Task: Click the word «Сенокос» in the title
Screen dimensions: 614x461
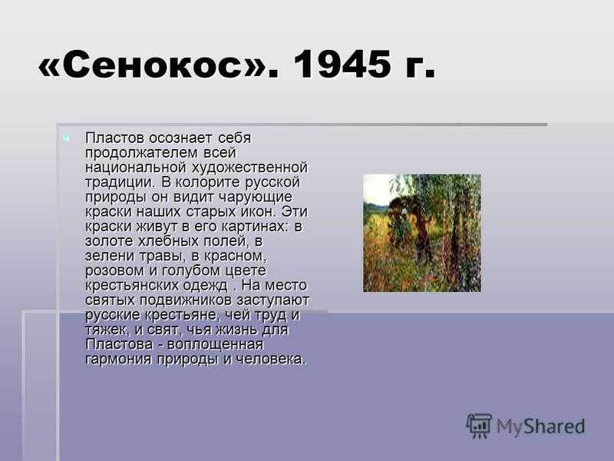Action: pyautogui.click(x=153, y=65)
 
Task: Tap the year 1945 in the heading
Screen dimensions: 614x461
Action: pyautogui.click(x=342, y=65)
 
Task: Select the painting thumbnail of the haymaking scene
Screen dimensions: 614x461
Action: pyautogui.click(x=422, y=233)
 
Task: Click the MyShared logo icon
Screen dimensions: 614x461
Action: pyautogui.click(x=478, y=426)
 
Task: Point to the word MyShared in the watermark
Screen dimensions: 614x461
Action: pyautogui.click(x=541, y=426)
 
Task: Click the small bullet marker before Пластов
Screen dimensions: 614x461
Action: pyautogui.click(x=66, y=138)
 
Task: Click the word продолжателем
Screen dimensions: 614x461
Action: pyautogui.click(x=142, y=153)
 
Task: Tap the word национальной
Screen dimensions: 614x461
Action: pyautogui.click(x=136, y=167)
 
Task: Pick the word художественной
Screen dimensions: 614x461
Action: pyautogui.click(x=249, y=167)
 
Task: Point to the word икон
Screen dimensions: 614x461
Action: pyautogui.click(x=258, y=212)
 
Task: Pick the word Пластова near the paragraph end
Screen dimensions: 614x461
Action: pyautogui.click(x=119, y=344)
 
